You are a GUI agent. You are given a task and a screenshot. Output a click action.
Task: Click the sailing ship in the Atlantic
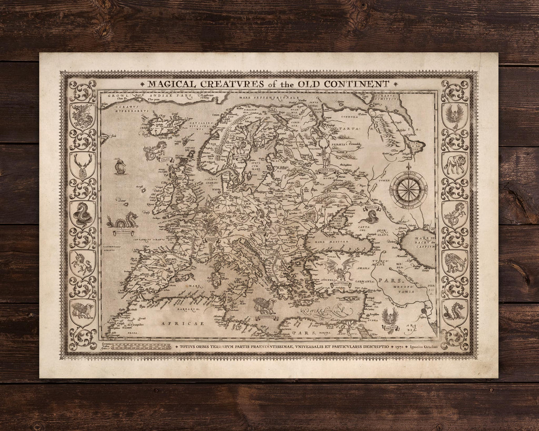[x=119, y=167]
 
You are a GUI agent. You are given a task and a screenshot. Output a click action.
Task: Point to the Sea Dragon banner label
[x=118, y=232]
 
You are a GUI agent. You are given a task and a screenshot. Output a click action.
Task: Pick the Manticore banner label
[x=342, y=283]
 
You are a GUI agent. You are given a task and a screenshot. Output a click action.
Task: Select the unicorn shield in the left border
[x=82, y=263]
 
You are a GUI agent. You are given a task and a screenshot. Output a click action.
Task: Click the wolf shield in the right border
[x=455, y=164]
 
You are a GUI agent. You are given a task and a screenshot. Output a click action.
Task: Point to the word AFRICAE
[x=181, y=323]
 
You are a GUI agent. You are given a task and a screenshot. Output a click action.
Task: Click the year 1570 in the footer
[x=398, y=347]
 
